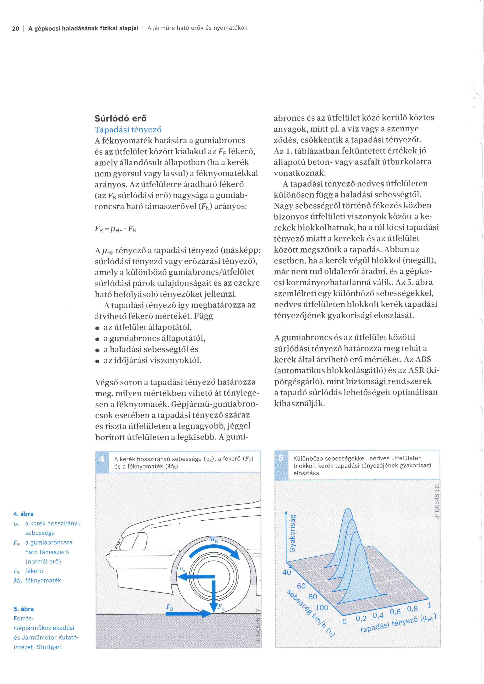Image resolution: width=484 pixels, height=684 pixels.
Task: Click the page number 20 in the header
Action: (15, 29)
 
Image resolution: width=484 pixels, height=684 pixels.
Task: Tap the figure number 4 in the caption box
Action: (102, 459)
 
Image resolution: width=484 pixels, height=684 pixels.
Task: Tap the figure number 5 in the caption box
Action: (281, 458)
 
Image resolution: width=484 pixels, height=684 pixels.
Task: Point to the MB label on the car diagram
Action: (213, 539)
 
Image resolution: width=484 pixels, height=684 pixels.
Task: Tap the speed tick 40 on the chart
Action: (287, 572)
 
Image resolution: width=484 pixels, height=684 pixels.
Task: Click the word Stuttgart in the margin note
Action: (49, 647)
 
